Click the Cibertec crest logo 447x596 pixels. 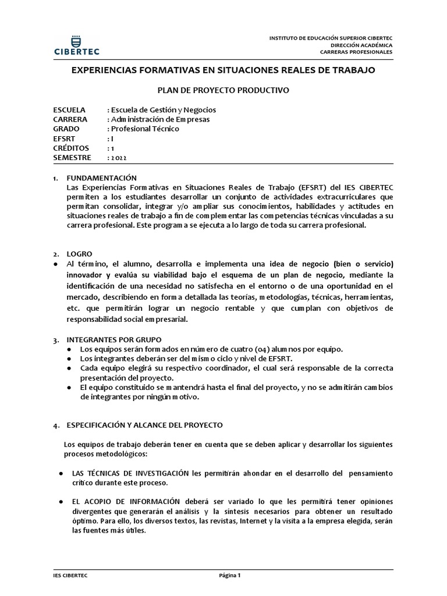(76, 41)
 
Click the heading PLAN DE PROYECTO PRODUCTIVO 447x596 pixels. (223, 90)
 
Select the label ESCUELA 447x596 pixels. (69, 109)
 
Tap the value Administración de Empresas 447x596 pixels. (161, 119)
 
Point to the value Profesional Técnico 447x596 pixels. (146, 129)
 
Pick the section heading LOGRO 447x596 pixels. (79, 254)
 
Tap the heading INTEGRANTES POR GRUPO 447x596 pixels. (114, 339)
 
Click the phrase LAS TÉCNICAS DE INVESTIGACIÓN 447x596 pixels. (130, 473)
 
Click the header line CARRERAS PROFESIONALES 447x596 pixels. (356, 52)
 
